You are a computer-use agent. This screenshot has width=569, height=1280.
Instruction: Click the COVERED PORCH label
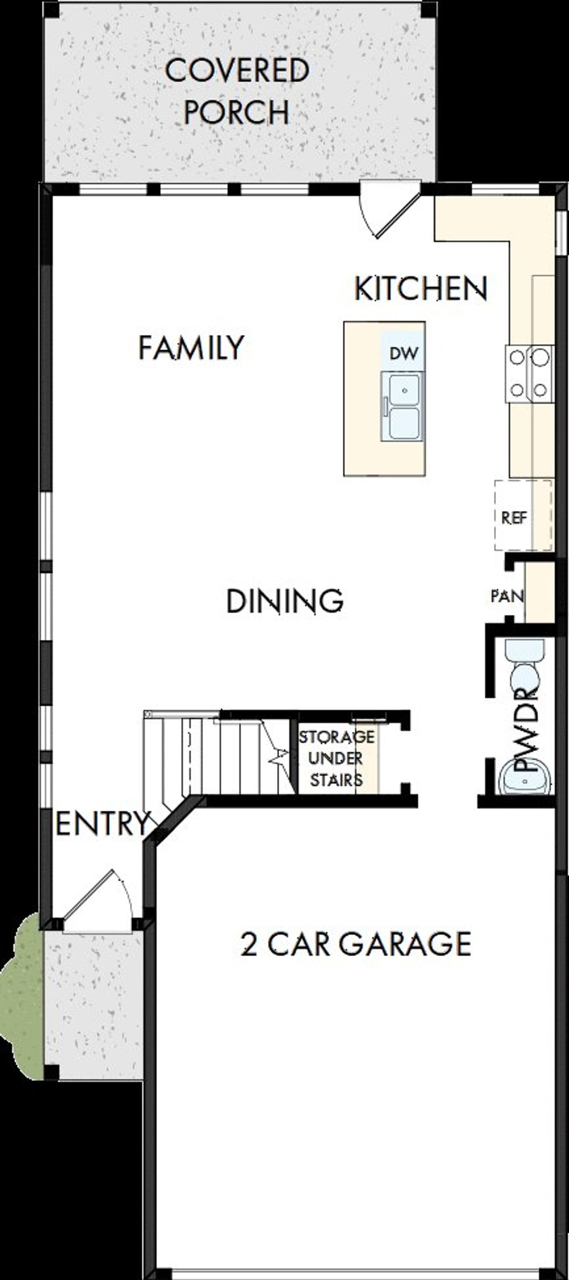pyautogui.click(x=237, y=91)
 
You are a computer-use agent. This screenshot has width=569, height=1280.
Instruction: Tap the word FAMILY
pyautogui.click(x=191, y=347)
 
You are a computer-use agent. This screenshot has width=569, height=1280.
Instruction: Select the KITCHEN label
pyautogui.click(x=421, y=288)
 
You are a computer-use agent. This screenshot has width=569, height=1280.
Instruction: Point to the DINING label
pyautogui.click(x=285, y=601)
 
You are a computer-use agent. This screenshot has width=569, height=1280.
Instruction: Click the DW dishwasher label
pyautogui.click(x=404, y=353)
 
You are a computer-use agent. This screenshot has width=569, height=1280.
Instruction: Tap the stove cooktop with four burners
pyautogui.click(x=529, y=373)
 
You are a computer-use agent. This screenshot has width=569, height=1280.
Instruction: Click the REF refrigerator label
pyautogui.click(x=514, y=518)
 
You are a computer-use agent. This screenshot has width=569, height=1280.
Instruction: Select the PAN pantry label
pyautogui.click(x=507, y=596)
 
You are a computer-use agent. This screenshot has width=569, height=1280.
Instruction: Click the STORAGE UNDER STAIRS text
pyautogui.click(x=336, y=758)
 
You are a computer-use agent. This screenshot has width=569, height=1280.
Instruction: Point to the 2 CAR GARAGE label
pyautogui.click(x=356, y=943)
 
